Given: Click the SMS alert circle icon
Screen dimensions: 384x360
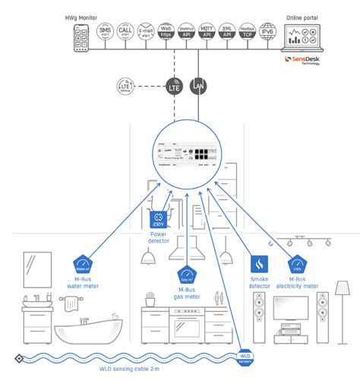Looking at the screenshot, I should coord(106,33).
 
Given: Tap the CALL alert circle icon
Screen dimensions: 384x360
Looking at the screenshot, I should coord(127,33).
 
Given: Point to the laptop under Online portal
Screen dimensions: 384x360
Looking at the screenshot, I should coord(308,36).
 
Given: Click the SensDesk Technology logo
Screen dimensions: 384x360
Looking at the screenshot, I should coord(302,61).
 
